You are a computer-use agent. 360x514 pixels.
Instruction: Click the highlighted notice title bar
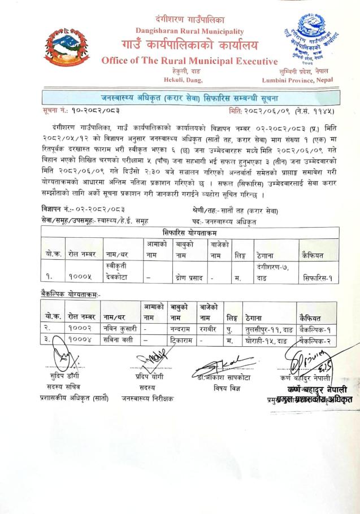point(180,93)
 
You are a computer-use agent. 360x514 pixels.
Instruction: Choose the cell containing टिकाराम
point(183,341)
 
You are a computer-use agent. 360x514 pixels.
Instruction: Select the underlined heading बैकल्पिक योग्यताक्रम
point(74,295)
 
